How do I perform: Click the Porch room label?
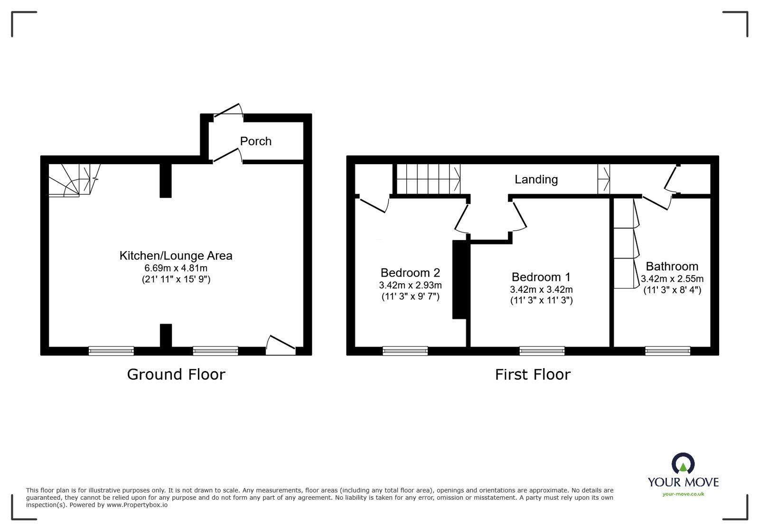tap(255, 141)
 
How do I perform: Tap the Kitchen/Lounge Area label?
tap(176, 255)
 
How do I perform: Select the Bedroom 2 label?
tap(410, 272)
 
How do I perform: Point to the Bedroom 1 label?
tap(541, 277)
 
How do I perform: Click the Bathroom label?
tap(672, 266)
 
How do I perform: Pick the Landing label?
tap(536, 179)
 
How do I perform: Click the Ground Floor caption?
tap(176, 374)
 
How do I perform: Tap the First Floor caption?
tap(533, 374)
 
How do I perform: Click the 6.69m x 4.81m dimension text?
tap(176, 268)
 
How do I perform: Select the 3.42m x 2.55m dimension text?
tap(672, 279)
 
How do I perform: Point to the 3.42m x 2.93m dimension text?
tap(410, 285)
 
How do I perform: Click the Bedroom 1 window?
tap(542, 351)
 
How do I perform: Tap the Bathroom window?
tap(667, 351)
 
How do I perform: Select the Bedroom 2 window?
tap(405, 351)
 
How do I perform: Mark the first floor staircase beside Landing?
tap(428, 179)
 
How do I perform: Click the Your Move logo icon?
tap(683, 463)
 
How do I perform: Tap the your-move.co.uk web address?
tap(683, 494)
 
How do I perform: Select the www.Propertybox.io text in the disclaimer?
tap(137, 505)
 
